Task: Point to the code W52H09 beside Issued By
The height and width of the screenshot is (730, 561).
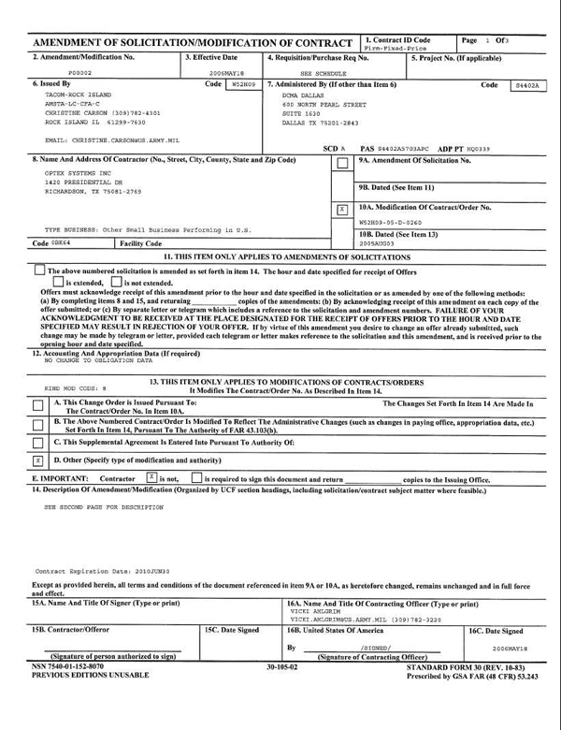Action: tap(243, 84)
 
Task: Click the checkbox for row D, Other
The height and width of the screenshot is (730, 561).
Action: tap(37, 460)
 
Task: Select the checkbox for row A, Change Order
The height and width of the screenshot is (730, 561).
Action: tap(37, 405)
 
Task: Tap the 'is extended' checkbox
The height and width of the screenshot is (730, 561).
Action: tap(58, 282)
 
